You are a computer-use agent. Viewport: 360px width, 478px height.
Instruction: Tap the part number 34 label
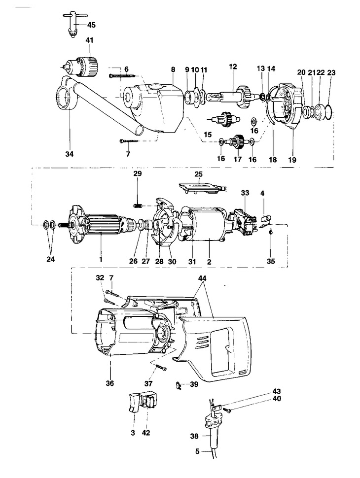[70, 154]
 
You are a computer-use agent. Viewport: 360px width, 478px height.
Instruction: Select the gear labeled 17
[239, 142]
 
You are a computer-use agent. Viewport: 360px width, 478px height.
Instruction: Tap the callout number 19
[292, 160]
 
